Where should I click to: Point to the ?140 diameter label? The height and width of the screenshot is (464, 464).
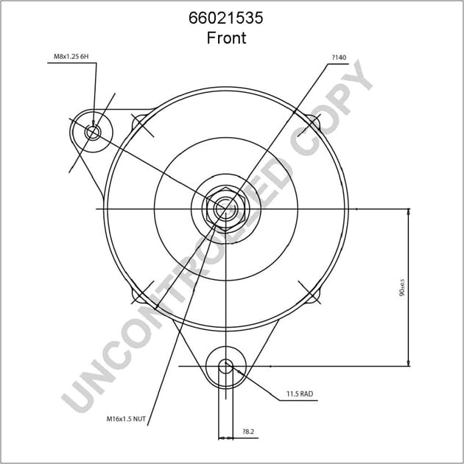[338, 57]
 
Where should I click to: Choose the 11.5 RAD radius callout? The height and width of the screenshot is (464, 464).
[300, 395]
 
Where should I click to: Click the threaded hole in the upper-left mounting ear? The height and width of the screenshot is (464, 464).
[93, 133]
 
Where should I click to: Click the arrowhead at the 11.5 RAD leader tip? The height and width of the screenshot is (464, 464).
[238, 374]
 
